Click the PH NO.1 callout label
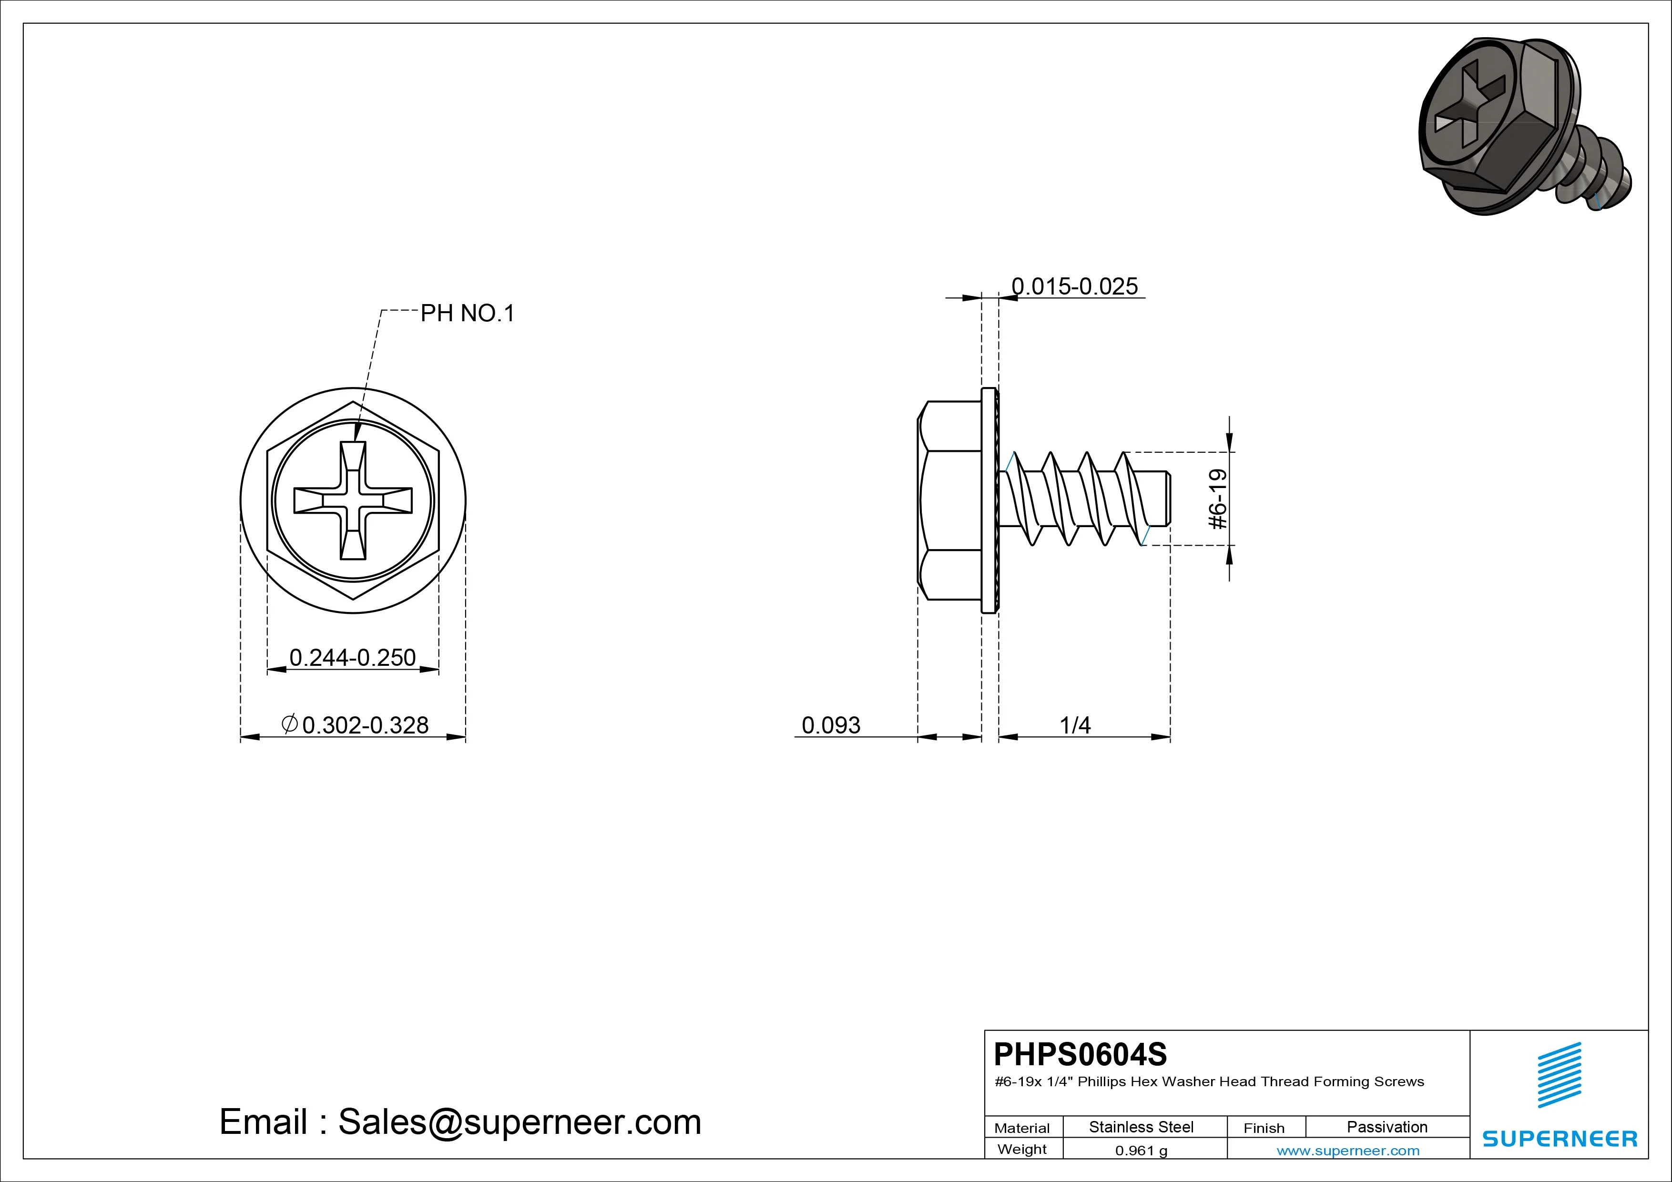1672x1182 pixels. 468,313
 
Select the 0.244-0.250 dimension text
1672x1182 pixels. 352,658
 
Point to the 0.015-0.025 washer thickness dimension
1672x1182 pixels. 1075,286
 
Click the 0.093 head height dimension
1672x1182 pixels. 831,725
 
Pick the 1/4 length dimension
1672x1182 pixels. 1075,725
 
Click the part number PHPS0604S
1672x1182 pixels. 1080,1054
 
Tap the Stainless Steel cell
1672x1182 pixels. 1141,1127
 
